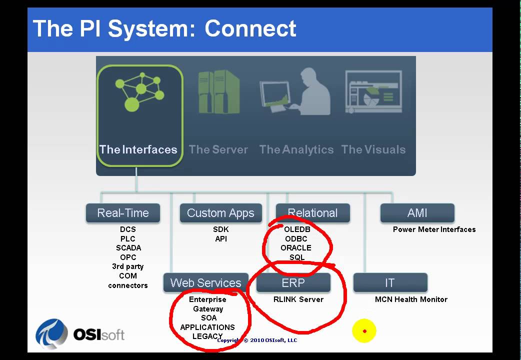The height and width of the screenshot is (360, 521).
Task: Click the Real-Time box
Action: (123, 213)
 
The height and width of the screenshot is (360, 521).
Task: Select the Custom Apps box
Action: (220, 213)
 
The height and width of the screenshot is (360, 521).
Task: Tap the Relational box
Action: (312, 213)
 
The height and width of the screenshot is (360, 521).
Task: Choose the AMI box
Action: (417, 213)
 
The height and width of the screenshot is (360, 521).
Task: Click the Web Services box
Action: (205, 283)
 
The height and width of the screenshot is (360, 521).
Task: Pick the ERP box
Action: (293, 283)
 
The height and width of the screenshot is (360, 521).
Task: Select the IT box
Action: (389, 283)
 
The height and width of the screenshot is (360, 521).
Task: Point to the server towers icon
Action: (218, 92)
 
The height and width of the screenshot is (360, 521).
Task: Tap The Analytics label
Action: (296, 149)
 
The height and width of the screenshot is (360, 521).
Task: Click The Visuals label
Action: (373, 149)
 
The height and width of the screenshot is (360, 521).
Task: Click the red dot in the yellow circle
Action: (364, 331)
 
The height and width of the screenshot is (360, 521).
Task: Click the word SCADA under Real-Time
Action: (128, 248)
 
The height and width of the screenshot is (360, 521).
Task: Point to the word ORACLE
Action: (296, 248)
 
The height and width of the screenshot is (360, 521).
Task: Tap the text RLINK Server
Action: (298, 299)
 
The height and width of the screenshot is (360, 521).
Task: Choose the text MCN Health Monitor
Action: (411, 299)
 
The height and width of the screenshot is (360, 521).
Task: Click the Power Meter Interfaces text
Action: (434, 229)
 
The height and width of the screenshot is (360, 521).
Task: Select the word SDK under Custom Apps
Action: (220, 229)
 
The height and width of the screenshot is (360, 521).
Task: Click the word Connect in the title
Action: (250, 28)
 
